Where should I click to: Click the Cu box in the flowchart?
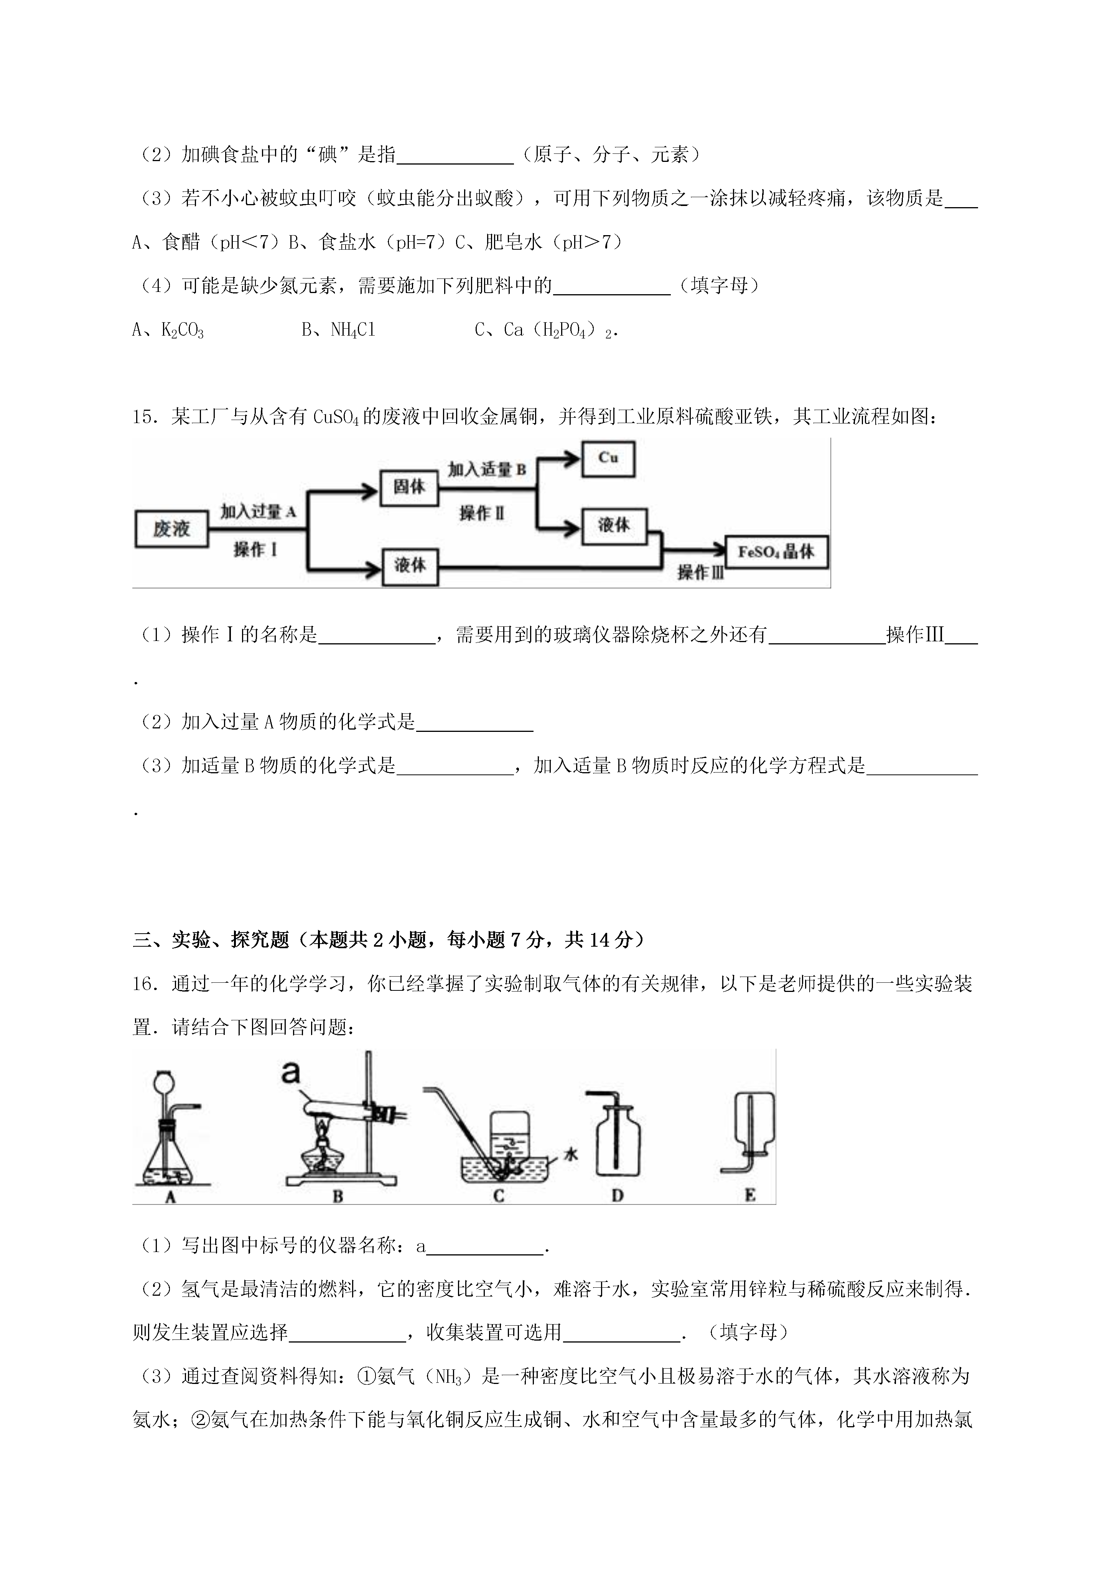(x=608, y=459)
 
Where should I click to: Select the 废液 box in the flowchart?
(x=171, y=529)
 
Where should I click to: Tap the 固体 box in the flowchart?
(x=409, y=488)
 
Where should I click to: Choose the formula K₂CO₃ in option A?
(x=182, y=331)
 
